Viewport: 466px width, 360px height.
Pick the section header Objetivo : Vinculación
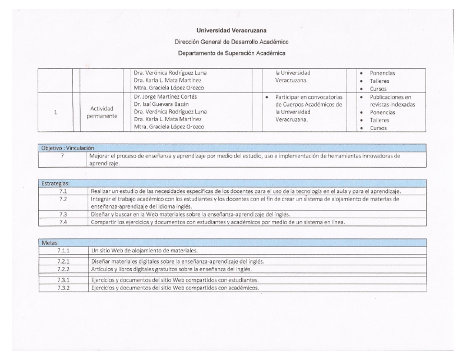click(x=65, y=148)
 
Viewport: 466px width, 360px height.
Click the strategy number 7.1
click(x=63, y=191)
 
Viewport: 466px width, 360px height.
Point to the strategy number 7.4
click(x=63, y=222)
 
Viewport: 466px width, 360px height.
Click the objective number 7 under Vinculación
click(x=62, y=156)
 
